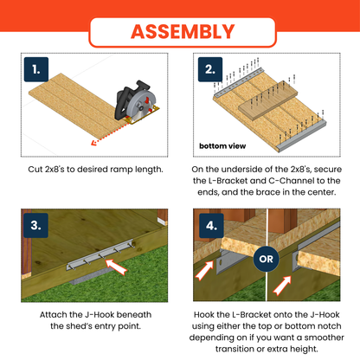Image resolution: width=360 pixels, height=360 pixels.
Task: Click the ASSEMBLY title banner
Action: point(180,32)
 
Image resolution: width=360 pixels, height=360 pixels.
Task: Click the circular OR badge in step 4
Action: point(266,257)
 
